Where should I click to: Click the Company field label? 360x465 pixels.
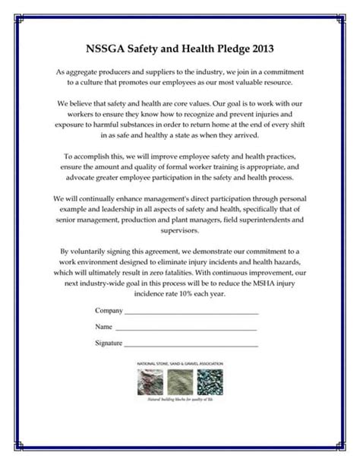tap(108, 312)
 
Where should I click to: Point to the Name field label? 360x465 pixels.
tap(103, 327)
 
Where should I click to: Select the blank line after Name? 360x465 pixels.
tap(186, 328)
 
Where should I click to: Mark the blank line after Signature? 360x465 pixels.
tap(191, 345)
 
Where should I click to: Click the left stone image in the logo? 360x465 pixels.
tap(148, 380)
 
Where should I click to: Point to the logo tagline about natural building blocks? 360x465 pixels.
tap(179, 397)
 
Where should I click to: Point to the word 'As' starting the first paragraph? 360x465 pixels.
tap(61, 70)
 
